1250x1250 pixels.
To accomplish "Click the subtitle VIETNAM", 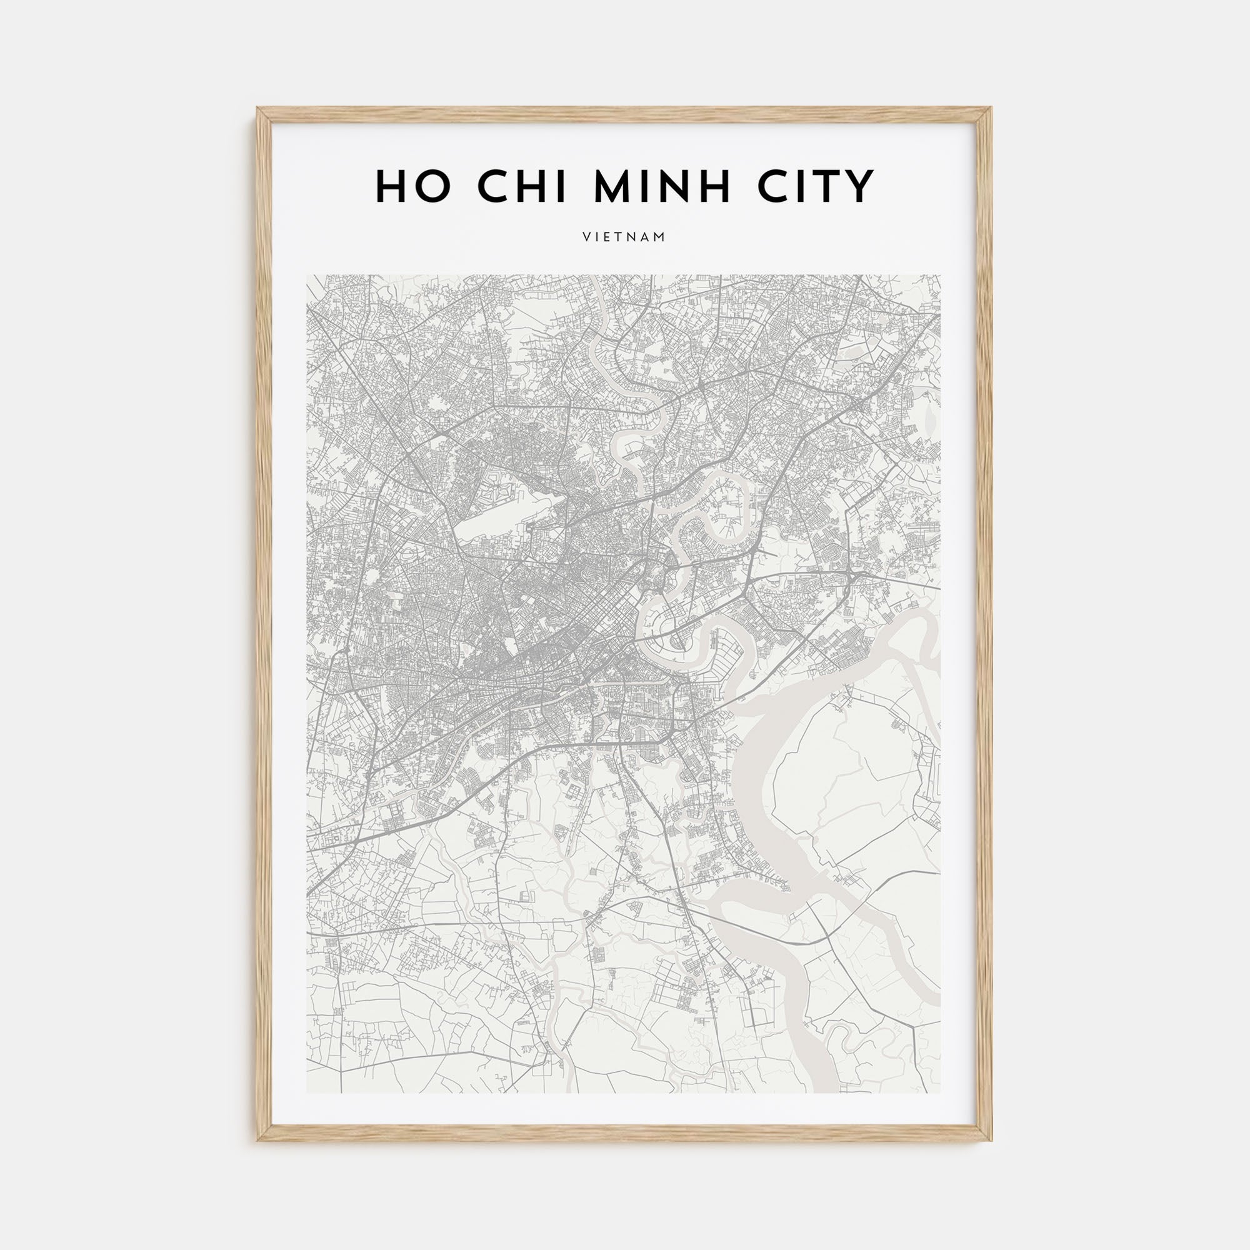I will click(x=624, y=237).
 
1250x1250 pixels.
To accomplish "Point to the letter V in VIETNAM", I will click(x=586, y=237).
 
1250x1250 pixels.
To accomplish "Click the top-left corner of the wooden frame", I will click(x=258, y=108).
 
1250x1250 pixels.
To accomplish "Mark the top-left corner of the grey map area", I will click(x=307, y=276).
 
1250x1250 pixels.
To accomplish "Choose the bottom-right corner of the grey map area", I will click(x=940, y=1092).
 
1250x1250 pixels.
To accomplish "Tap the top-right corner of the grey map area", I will click(x=940, y=276).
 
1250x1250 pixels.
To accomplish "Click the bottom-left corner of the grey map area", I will click(x=307, y=1092).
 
